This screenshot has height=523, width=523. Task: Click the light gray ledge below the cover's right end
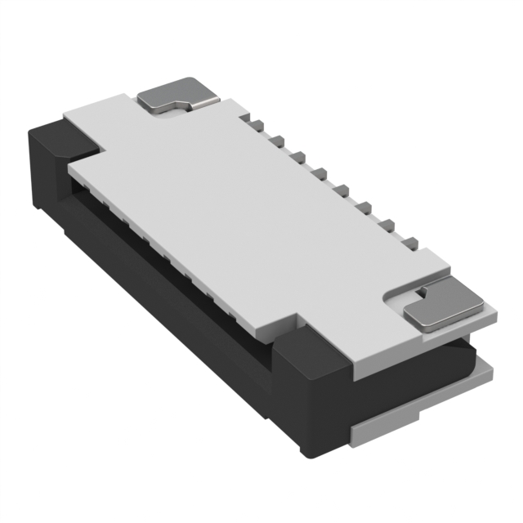click(x=482, y=372)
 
